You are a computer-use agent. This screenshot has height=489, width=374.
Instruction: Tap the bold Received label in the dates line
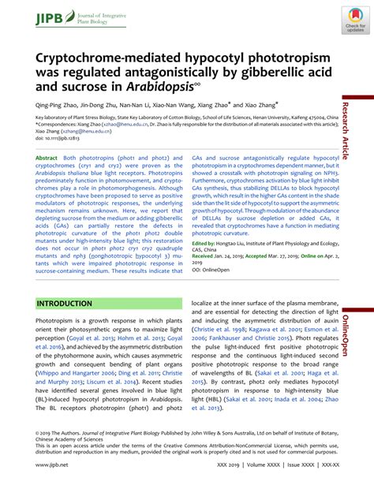click(x=204, y=234)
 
